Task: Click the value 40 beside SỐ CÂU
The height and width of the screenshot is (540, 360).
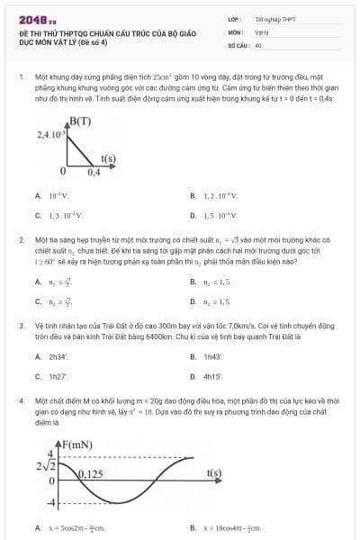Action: pyautogui.click(x=258, y=44)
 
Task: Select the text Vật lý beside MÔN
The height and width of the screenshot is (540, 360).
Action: pyautogui.click(x=262, y=31)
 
